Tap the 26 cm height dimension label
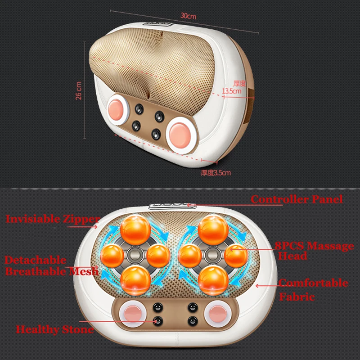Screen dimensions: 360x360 (x=79, y=90)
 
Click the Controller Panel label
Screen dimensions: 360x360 (x=297, y=199)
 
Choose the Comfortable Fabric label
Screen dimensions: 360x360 (x=313, y=289)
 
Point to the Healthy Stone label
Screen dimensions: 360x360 (x=55, y=329)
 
